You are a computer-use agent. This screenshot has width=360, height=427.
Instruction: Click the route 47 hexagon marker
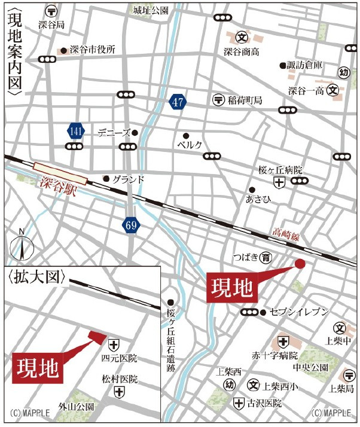[177, 102]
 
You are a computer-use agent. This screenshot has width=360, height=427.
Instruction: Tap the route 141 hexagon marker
[76, 130]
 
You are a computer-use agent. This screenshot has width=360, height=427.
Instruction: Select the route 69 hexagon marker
[131, 225]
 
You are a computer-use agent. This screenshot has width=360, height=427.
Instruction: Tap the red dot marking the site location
[300, 264]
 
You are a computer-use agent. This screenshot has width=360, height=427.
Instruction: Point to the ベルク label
[190, 145]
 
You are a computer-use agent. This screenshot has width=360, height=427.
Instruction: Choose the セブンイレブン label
[300, 312]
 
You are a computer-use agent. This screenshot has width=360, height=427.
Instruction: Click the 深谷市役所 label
[93, 50]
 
